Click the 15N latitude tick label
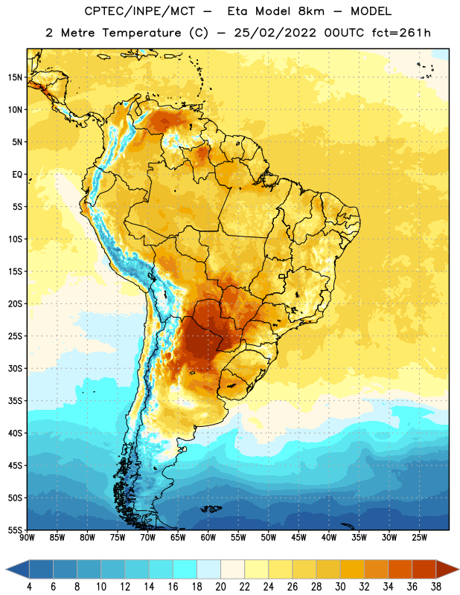point(15,77)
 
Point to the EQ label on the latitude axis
point(17,175)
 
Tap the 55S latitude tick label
point(15,530)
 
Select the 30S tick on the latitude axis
point(15,368)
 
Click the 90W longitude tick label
point(27,538)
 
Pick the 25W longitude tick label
point(419,538)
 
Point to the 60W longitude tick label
point(208,538)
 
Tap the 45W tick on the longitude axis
point(298,538)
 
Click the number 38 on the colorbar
point(435,587)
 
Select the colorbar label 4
point(29,587)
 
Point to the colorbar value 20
point(220,587)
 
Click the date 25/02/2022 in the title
point(275,33)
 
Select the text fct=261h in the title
point(401,33)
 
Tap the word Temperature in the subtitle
point(141,33)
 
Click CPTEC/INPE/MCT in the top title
point(140,11)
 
